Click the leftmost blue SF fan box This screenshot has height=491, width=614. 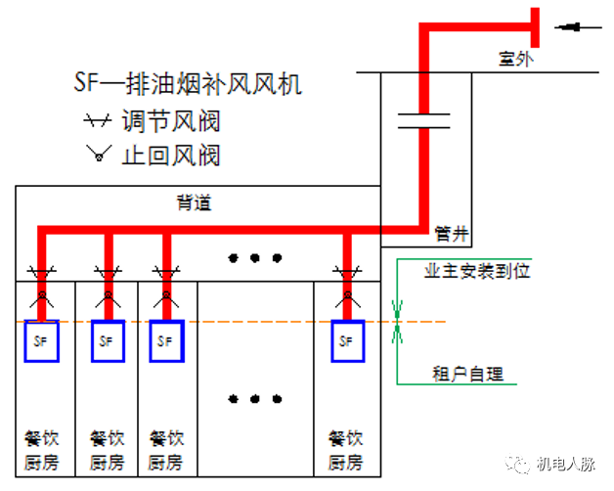(42, 341)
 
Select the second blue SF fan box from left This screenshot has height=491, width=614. (108, 341)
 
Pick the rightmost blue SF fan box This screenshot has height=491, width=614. (345, 341)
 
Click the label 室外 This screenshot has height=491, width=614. (516, 60)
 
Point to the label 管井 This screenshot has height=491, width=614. (452, 234)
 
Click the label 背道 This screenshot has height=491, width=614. (193, 203)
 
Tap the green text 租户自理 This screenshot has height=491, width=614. (467, 373)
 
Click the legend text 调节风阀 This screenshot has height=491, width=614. (170, 122)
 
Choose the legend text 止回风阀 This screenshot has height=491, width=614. (170, 155)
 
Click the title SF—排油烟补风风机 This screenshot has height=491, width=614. (188, 84)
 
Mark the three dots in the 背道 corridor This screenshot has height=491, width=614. (255, 258)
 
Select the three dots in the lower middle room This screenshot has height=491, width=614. (255, 398)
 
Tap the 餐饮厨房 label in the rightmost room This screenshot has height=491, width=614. (345, 450)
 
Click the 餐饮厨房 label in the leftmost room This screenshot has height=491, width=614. (42, 450)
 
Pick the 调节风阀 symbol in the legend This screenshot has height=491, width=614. (95, 122)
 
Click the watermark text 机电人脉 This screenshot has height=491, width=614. (567, 465)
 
